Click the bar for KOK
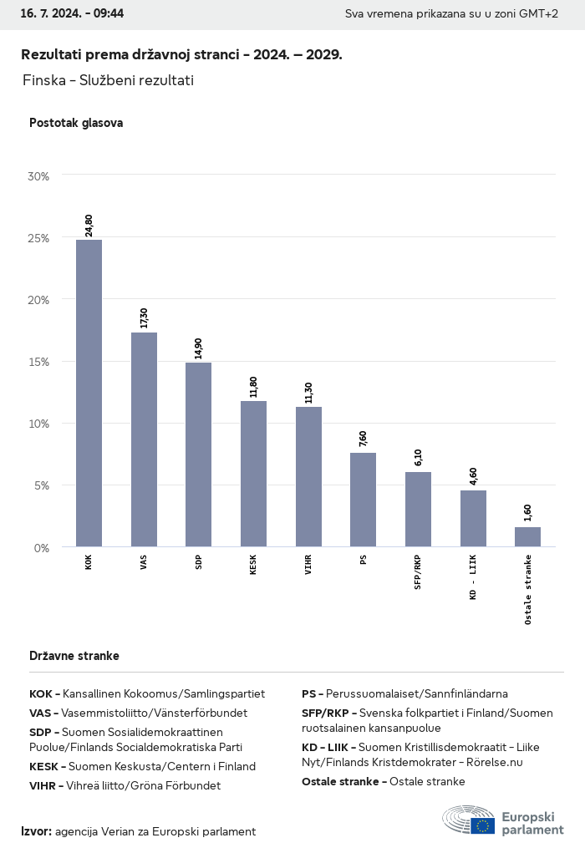tap(89, 393)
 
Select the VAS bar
tap(144, 439)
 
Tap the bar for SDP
tap(198, 454)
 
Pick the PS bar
tap(363, 500)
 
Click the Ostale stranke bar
tap(527, 536)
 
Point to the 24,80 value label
tap(89, 226)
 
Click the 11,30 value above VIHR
tap(308, 393)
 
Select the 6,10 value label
tap(418, 458)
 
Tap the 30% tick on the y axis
tap(38, 176)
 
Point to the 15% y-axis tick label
tap(38, 362)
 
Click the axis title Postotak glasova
tap(76, 123)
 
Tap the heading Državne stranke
tap(74, 656)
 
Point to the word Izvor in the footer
tap(36, 831)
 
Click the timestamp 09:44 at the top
tap(109, 14)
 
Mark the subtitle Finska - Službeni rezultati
tap(109, 80)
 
